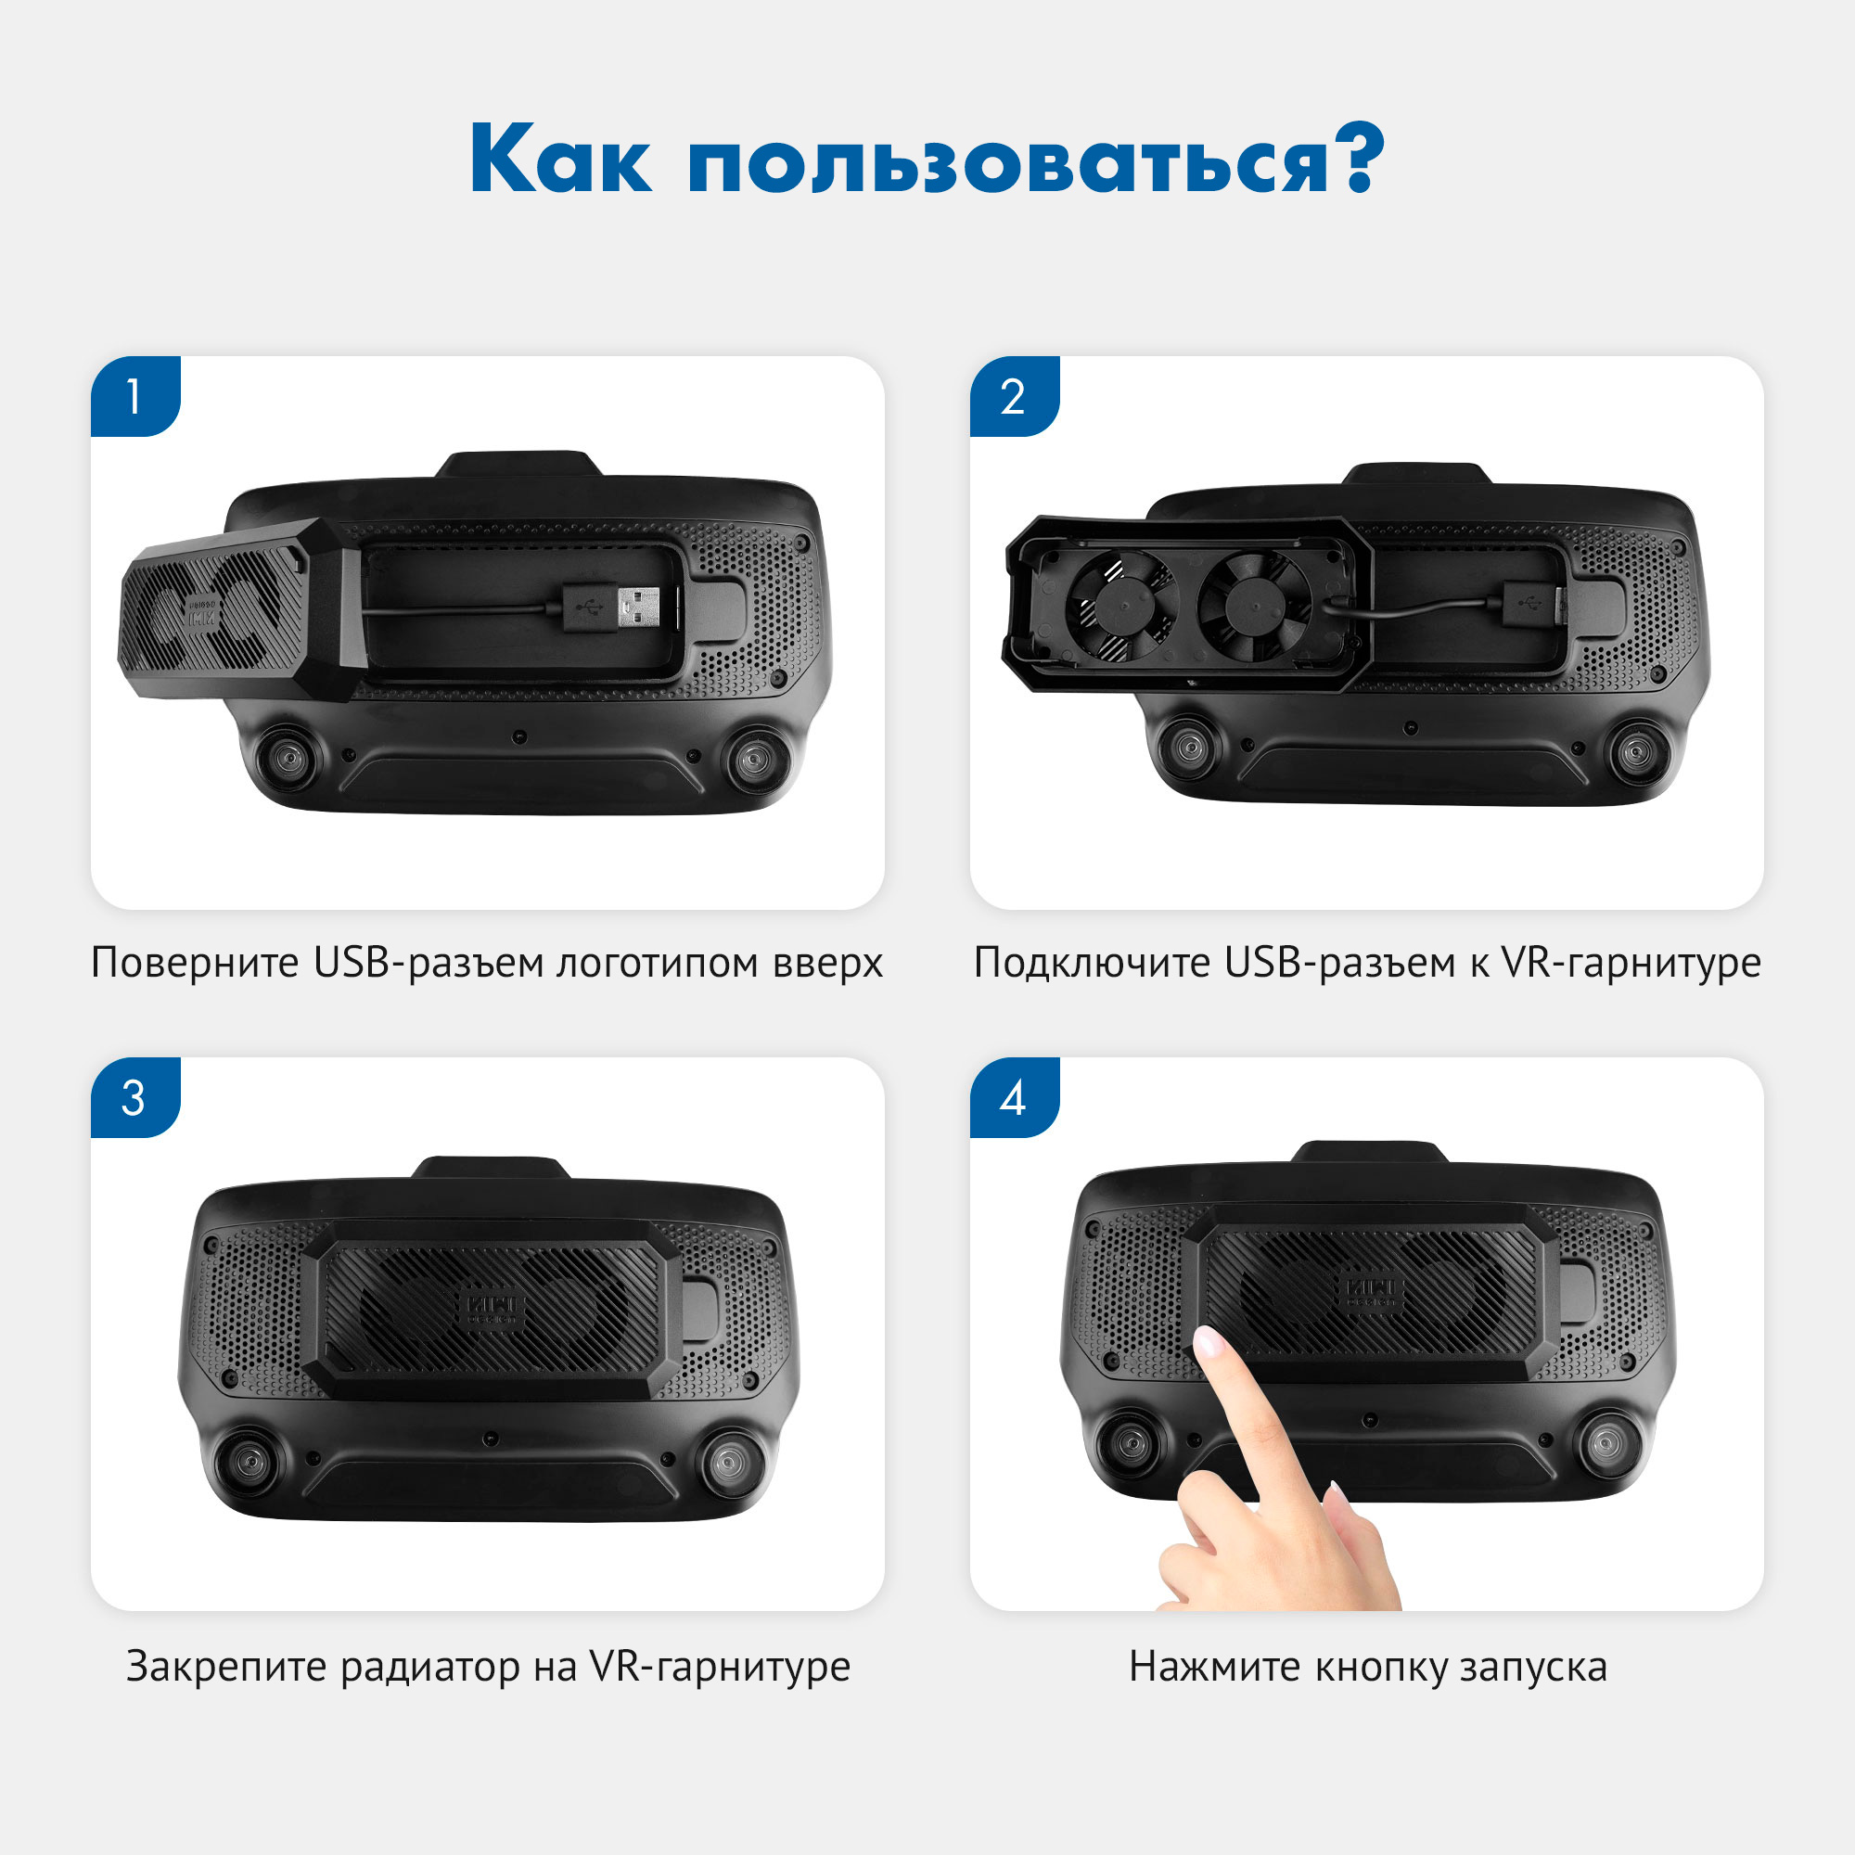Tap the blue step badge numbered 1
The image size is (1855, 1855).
click(134, 396)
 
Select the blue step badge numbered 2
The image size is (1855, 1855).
click(1013, 396)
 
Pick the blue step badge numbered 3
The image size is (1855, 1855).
click(134, 1096)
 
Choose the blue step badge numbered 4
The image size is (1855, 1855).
click(1013, 1096)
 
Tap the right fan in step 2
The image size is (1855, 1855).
click(1253, 606)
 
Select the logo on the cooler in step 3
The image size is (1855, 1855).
click(493, 1310)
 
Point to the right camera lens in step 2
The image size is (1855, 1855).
click(1637, 751)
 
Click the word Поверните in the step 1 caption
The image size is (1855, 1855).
click(195, 963)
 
